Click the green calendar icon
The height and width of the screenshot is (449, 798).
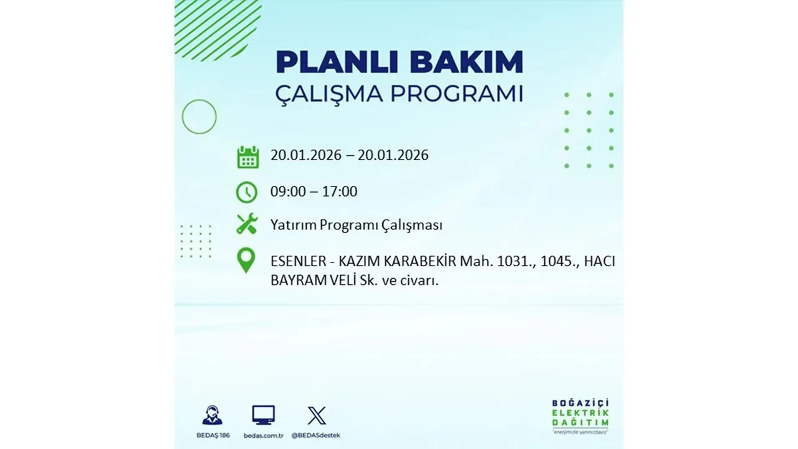248,157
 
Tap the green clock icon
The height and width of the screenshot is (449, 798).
247,192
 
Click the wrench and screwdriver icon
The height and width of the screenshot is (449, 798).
247,224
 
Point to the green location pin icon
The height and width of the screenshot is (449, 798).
246,261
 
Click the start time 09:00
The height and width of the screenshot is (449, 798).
288,191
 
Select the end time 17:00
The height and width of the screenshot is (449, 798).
340,191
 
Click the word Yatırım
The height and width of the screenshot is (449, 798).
293,225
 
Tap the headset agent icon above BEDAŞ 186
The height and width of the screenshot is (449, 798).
212,415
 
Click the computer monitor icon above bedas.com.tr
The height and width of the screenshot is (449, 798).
263,415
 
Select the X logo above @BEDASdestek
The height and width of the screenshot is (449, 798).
317,415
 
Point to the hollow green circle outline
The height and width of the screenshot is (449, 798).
199,117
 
